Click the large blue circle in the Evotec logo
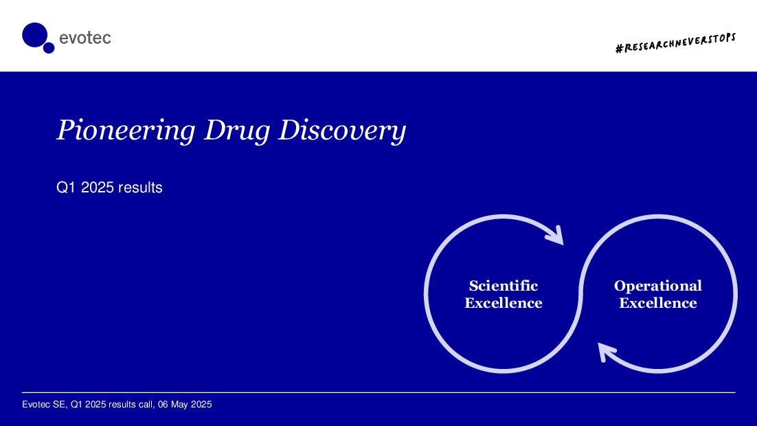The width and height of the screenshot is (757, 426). [35, 35]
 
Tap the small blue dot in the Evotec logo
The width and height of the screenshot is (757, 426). [49, 48]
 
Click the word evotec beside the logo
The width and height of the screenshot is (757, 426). [85, 38]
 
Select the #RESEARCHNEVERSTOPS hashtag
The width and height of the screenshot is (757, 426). [675, 43]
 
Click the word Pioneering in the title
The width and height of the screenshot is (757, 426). [126, 131]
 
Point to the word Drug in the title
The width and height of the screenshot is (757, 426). [236, 131]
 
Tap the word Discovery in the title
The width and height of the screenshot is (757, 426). [342, 131]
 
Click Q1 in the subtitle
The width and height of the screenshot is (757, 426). [66, 188]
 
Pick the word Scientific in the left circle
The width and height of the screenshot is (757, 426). [504, 285]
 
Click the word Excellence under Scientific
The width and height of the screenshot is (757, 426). [504, 303]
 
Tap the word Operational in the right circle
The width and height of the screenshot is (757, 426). [658, 286]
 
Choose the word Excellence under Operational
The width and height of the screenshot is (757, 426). [658, 303]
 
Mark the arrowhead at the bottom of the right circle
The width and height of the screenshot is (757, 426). [607, 352]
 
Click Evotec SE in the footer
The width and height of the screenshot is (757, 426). [44, 404]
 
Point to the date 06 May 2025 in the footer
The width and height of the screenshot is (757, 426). [185, 404]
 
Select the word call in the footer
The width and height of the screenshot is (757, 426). [146, 404]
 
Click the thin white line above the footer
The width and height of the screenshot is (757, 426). [378, 392]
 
